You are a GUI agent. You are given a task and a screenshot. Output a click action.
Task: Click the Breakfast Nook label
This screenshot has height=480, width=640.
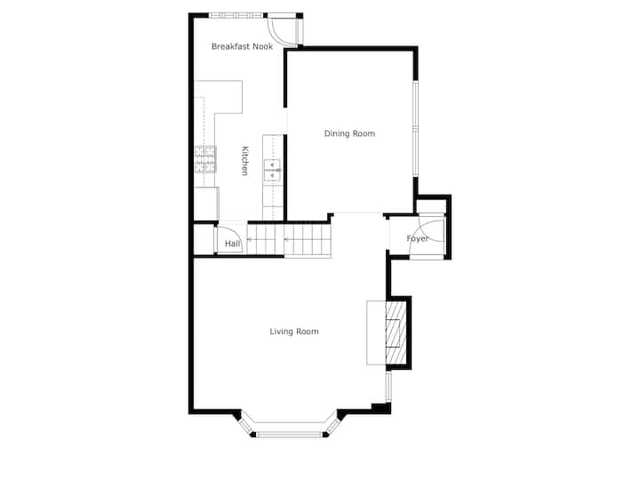(x=242, y=46)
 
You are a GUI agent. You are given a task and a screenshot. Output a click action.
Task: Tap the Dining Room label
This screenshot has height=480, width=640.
(x=349, y=133)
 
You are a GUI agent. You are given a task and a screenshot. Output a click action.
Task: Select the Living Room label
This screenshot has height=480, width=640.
(x=294, y=332)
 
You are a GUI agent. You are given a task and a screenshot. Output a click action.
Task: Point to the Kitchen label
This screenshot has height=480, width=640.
(x=244, y=161)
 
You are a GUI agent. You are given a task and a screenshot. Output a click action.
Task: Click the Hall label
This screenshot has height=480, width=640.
(x=232, y=244)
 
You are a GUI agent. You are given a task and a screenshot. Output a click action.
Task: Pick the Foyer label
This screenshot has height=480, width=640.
(x=418, y=238)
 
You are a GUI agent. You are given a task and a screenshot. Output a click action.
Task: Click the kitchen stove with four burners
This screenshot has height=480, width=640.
(x=205, y=159)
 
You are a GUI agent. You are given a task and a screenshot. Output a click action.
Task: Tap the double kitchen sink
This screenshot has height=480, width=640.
(x=273, y=170)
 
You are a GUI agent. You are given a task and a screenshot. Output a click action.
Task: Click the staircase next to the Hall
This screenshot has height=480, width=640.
(x=289, y=240)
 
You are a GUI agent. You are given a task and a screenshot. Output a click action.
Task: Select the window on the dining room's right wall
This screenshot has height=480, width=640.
(x=415, y=129)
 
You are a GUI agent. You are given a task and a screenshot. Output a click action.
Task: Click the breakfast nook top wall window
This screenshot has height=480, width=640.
(x=236, y=15)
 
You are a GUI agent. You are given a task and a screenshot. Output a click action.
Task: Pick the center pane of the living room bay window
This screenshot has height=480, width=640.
(x=291, y=435)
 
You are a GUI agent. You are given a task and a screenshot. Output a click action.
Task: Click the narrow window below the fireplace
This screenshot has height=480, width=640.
(x=389, y=387)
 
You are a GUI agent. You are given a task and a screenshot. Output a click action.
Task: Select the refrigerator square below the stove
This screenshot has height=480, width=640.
(x=206, y=204)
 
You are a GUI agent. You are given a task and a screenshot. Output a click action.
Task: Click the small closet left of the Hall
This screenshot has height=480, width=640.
(x=204, y=240)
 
